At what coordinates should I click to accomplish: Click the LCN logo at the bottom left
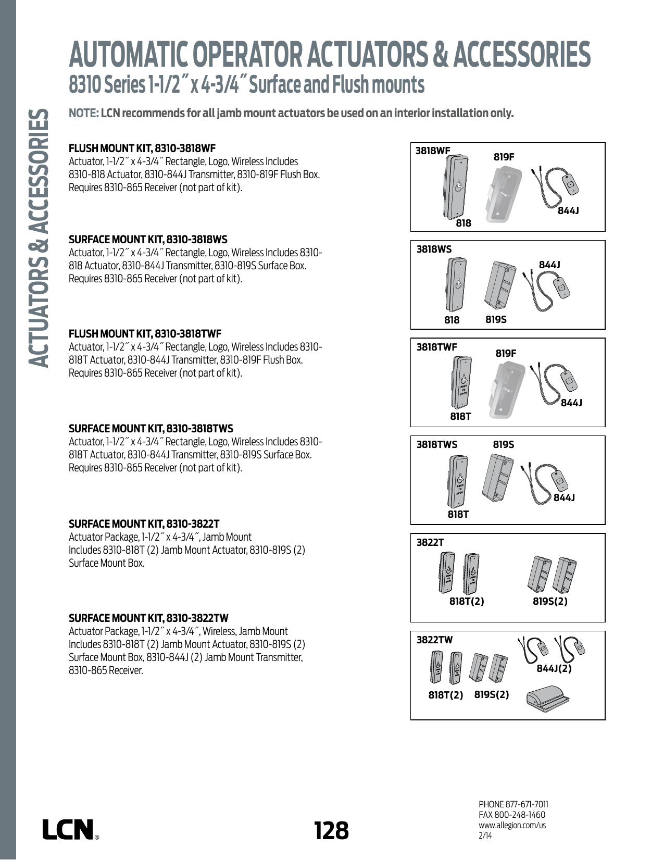(69, 829)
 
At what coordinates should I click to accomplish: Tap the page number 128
(331, 830)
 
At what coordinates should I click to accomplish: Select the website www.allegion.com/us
(512, 825)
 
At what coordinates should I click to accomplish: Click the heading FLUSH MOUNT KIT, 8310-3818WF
(142, 148)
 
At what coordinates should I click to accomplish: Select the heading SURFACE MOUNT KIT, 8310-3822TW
(148, 618)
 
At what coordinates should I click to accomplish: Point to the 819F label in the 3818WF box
(504, 156)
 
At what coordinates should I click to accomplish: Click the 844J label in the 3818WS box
(549, 265)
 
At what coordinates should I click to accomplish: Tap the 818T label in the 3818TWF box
(460, 416)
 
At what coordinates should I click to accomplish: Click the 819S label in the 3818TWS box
(503, 444)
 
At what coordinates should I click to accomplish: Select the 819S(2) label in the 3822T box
(550, 601)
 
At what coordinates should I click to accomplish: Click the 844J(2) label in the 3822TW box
(554, 668)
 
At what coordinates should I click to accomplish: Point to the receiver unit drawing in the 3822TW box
(547, 697)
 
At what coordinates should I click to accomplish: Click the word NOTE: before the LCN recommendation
(83, 114)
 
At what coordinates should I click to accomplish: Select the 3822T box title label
(430, 542)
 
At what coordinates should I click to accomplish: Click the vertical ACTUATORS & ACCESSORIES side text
(39, 237)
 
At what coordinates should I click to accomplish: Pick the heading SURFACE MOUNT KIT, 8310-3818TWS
(151, 429)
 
